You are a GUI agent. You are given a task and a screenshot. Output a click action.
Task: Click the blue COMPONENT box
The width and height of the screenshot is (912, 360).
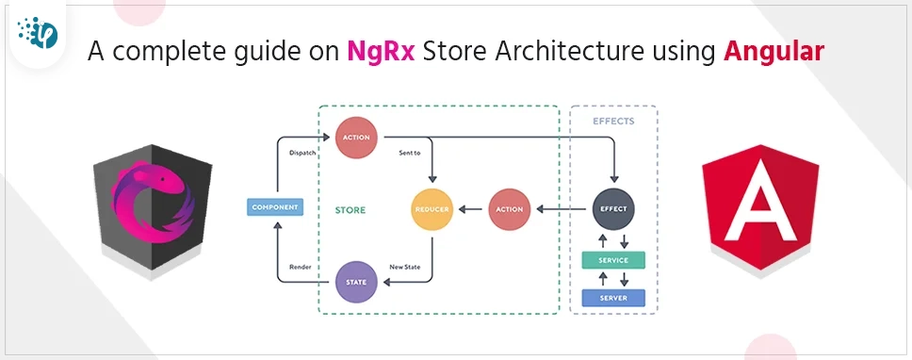275,206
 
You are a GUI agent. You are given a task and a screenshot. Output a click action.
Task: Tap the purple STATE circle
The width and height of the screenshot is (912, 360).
357,280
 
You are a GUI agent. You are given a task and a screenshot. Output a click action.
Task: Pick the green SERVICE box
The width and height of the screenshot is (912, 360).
613,259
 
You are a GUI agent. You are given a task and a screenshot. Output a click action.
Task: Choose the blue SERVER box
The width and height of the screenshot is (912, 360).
613,298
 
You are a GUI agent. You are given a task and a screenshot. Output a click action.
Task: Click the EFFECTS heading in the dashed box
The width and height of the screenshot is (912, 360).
613,122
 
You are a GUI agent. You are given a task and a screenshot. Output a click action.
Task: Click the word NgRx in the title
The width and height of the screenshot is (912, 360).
377,51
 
